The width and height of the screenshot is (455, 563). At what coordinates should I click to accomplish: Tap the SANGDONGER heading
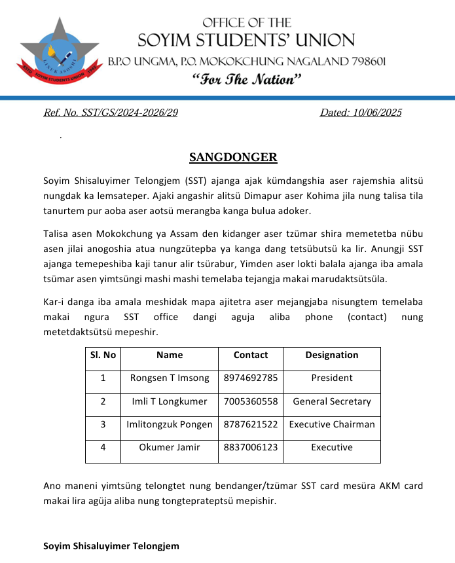click(x=233, y=157)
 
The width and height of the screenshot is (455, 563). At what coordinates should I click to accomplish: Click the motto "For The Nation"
click(x=247, y=80)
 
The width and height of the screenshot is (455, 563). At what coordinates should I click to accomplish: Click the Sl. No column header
click(x=103, y=355)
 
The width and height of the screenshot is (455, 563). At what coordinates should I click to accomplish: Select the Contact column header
click(x=251, y=355)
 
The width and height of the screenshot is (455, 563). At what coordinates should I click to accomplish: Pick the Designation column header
click(x=332, y=355)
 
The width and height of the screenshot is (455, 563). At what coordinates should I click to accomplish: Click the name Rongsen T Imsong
click(x=170, y=378)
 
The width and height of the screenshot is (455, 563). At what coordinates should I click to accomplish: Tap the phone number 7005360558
click(x=251, y=401)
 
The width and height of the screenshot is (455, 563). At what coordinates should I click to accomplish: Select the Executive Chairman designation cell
click(x=332, y=424)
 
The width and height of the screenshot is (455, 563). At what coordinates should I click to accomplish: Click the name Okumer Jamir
click(x=170, y=448)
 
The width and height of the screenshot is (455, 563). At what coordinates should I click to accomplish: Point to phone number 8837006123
click(x=251, y=448)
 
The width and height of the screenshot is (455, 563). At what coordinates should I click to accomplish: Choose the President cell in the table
click(x=332, y=378)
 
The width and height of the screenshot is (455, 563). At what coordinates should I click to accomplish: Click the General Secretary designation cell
click(x=332, y=401)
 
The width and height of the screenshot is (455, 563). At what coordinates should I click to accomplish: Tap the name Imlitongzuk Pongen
click(x=170, y=424)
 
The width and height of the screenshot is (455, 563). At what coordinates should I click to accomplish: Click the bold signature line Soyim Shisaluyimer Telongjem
click(x=111, y=545)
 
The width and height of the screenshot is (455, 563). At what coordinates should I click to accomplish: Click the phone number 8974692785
click(x=251, y=378)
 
